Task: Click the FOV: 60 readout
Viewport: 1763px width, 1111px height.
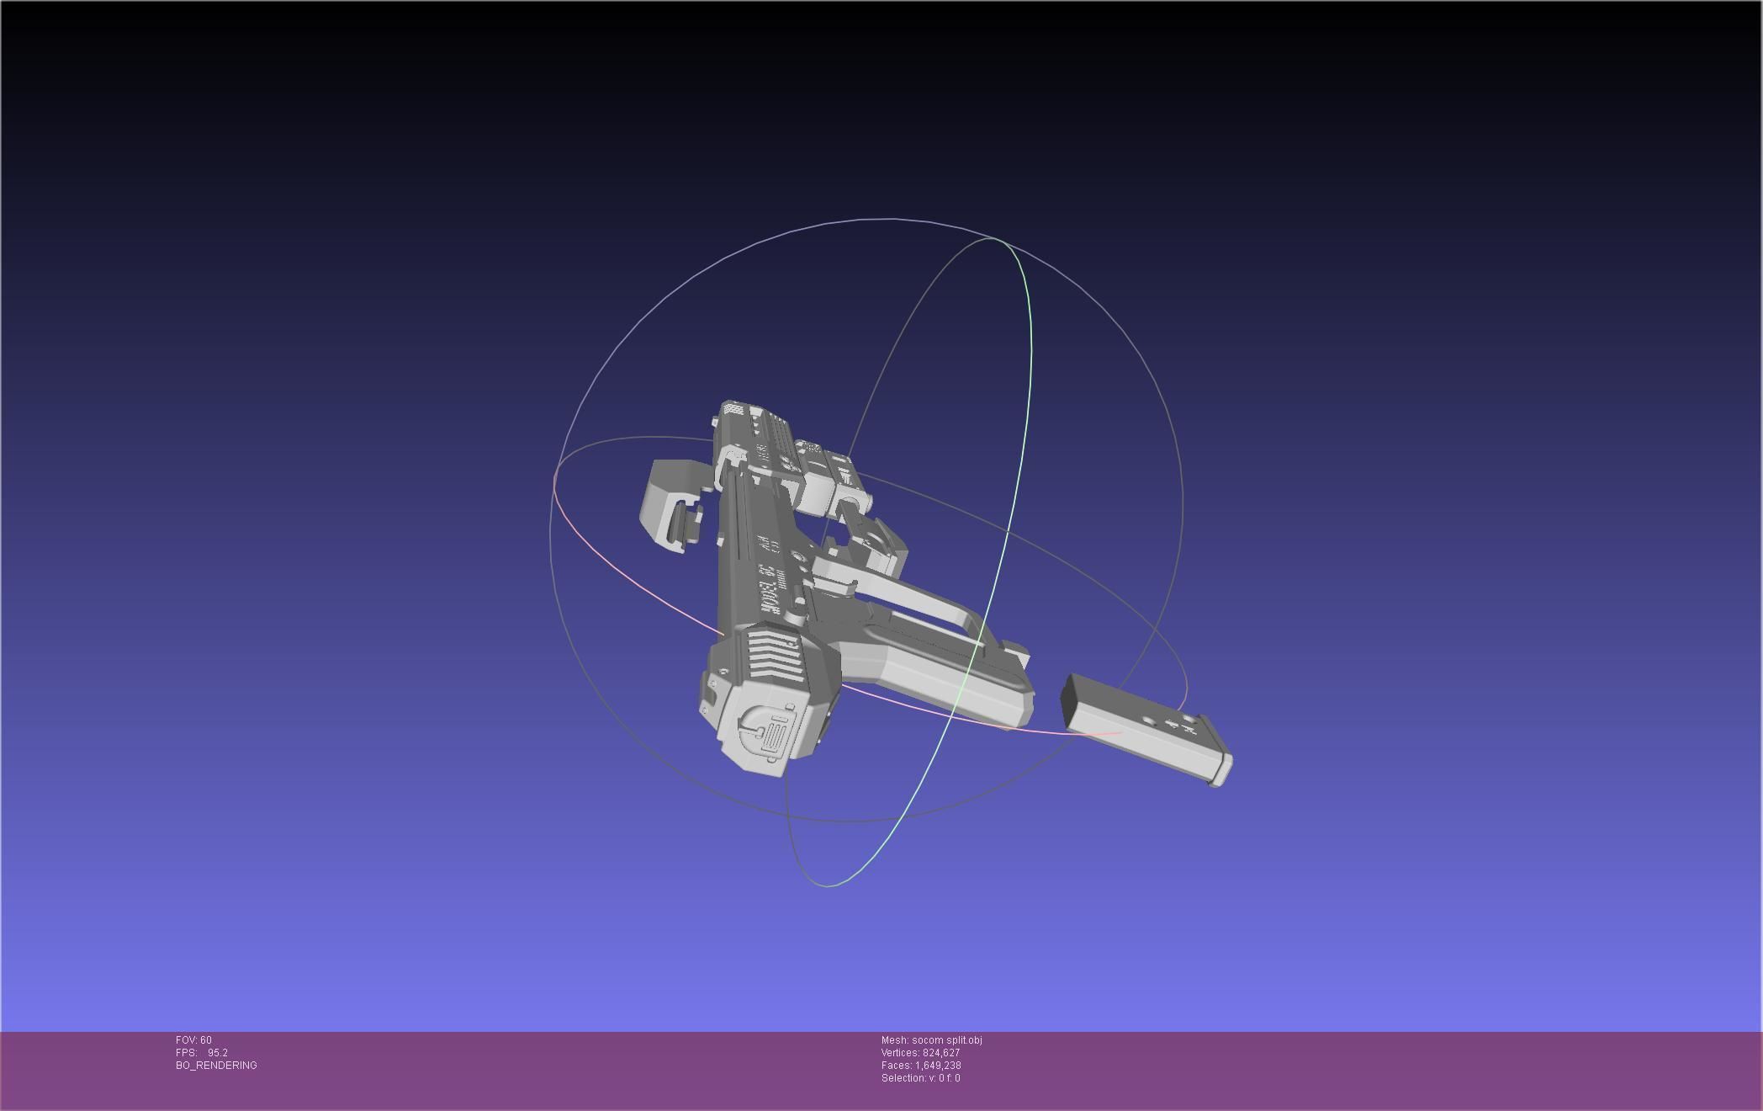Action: (x=193, y=1040)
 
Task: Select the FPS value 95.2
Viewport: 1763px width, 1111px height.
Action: (x=217, y=1053)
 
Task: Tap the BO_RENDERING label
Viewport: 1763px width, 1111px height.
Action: (x=216, y=1066)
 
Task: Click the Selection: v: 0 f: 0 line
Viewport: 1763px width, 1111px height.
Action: (x=920, y=1078)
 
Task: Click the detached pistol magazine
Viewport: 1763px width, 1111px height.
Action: (x=1144, y=728)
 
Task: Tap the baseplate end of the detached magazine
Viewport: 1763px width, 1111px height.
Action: (x=1219, y=762)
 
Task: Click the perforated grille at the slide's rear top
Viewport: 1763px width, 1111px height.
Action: (x=734, y=409)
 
